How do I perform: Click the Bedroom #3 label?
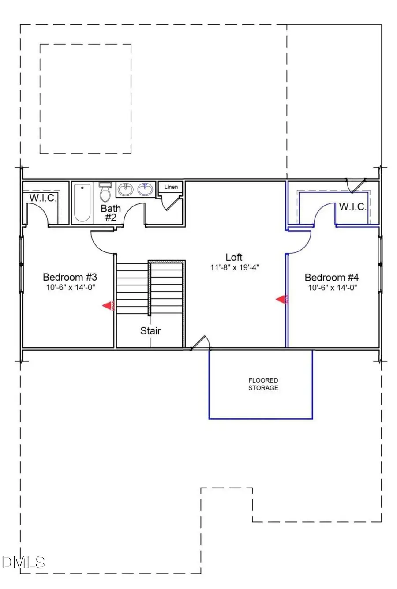tap(70, 277)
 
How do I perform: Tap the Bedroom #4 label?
tap(332, 277)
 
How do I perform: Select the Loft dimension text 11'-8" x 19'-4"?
tap(234, 267)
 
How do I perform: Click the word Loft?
tap(234, 257)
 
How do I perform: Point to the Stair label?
tap(150, 330)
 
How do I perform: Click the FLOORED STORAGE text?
tap(263, 384)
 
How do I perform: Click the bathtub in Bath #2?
tap(82, 203)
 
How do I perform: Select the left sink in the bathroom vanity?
tap(127, 190)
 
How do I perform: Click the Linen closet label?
tap(171, 187)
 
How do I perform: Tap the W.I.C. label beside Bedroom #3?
tap(43, 198)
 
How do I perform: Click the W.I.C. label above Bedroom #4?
tap(352, 206)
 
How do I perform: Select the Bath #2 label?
tap(110, 213)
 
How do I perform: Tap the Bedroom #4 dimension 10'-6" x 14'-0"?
tap(332, 287)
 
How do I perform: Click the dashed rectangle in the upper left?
tap(86, 98)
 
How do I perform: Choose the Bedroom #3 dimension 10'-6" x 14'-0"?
tap(70, 287)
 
